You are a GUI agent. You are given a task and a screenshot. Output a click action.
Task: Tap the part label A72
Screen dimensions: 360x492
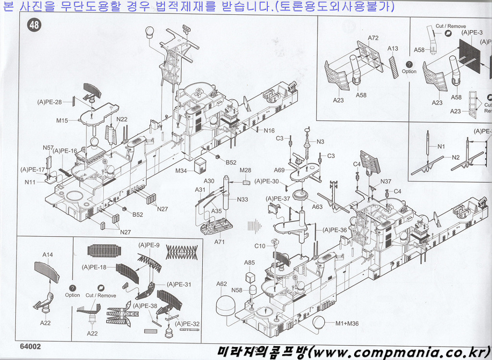point(373,37)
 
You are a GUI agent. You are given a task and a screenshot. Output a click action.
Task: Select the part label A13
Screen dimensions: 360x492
point(393,48)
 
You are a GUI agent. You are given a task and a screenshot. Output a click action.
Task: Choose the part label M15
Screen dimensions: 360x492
point(62,120)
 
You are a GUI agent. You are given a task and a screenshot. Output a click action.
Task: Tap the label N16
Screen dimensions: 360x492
point(269,131)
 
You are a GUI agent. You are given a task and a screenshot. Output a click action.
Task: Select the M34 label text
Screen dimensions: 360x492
point(182,171)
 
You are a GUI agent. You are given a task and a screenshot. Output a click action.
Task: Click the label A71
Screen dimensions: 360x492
point(220,242)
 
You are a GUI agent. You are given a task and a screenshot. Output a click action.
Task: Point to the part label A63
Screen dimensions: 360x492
point(317,207)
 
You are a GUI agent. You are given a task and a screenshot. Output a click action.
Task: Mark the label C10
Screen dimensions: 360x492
point(259,246)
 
